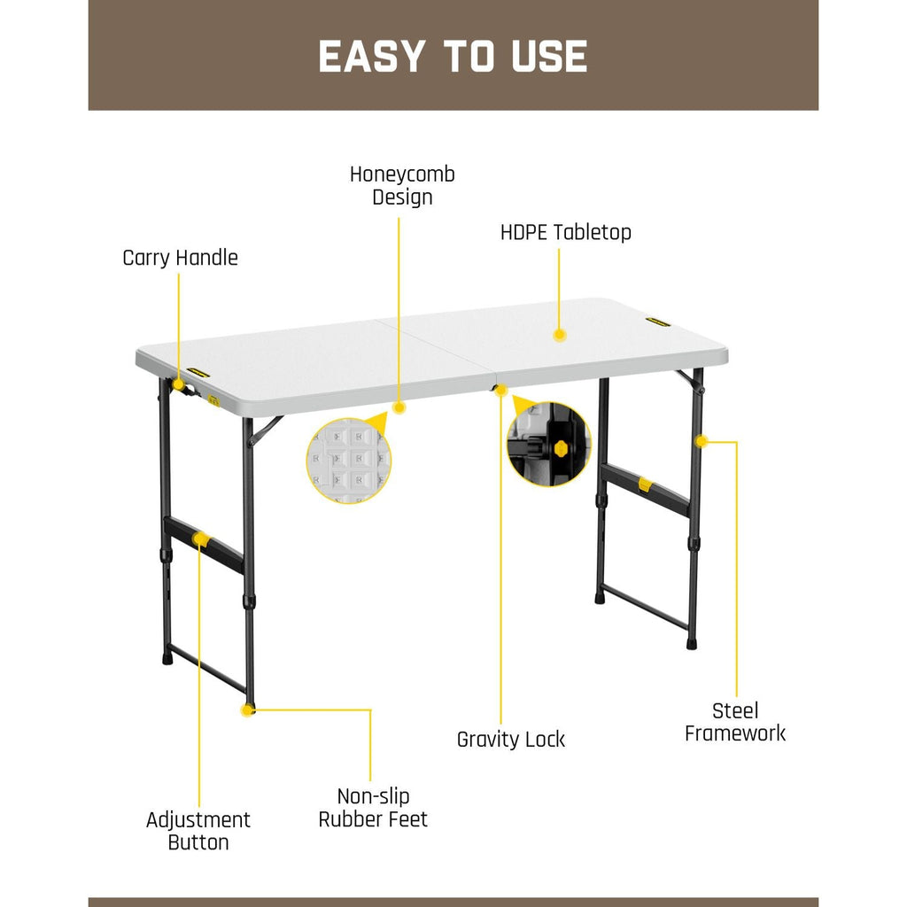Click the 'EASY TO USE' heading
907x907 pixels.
(453, 56)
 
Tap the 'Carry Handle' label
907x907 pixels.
(180, 258)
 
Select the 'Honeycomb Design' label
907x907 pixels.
(402, 185)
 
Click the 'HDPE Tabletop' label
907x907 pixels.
(565, 233)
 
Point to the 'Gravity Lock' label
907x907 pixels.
(510, 739)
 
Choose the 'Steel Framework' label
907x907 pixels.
(735, 721)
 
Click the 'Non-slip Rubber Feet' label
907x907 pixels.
(373, 808)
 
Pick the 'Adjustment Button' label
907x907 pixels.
(198, 831)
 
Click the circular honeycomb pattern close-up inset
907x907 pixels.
(349, 461)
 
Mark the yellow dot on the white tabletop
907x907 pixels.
(559, 335)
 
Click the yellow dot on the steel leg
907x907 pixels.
(701, 440)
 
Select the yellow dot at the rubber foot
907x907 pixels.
(248, 709)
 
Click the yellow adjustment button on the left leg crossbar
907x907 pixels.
(201, 539)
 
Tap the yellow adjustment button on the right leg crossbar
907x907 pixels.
(645, 484)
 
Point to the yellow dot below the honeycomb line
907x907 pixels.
(399, 407)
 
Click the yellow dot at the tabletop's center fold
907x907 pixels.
(500, 390)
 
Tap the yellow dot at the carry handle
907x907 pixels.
(178, 385)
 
